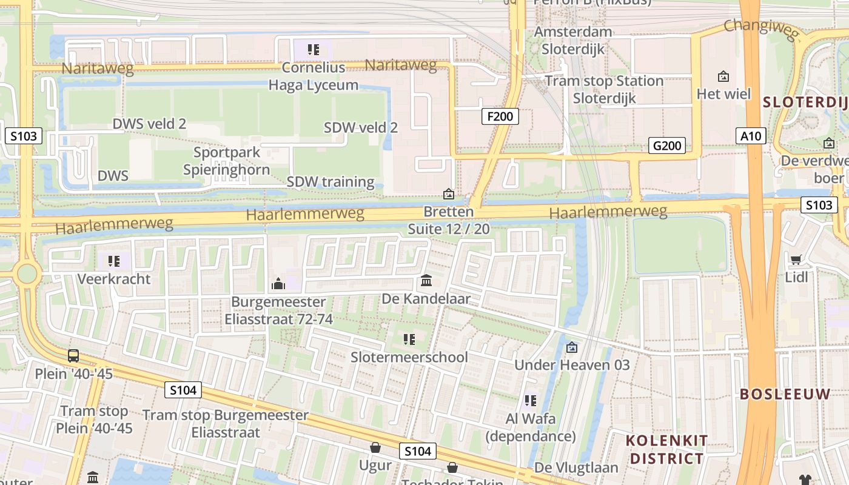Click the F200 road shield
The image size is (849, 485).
pyautogui.click(x=500, y=116)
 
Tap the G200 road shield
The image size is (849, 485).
pyautogui.click(x=667, y=145)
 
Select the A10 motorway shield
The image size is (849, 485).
pyautogui.click(x=751, y=136)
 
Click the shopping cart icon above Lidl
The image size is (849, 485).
pyautogui.click(x=796, y=259)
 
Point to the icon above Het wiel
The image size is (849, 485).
pyautogui.click(x=723, y=76)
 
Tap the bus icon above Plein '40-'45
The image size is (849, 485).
pyautogui.click(x=73, y=356)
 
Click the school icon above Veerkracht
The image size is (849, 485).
pyautogui.click(x=113, y=261)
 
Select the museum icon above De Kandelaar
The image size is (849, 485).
pyautogui.click(x=426, y=281)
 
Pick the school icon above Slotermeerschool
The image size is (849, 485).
pyautogui.click(x=409, y=339)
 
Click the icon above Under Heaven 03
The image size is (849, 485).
pyautogui.click(x=571, y=347)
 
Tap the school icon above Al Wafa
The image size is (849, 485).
pyautogui.click(x=531, y=401)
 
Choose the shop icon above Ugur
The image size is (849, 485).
pyautogui.click(x=375, y=448)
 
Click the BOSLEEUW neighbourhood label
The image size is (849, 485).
pyautogui.click(x=785, y=394)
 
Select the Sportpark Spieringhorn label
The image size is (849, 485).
pyautogui.click(x=227, y=161)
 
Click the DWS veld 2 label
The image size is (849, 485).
pyautogui.click(x=149, y=124)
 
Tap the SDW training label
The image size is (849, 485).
pyautogui.click(x=331, y=182)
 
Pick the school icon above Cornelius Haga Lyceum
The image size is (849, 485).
pyautogui.click(x=313, y=49)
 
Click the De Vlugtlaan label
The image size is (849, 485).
pyautogui.click(x=576, y=468)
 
